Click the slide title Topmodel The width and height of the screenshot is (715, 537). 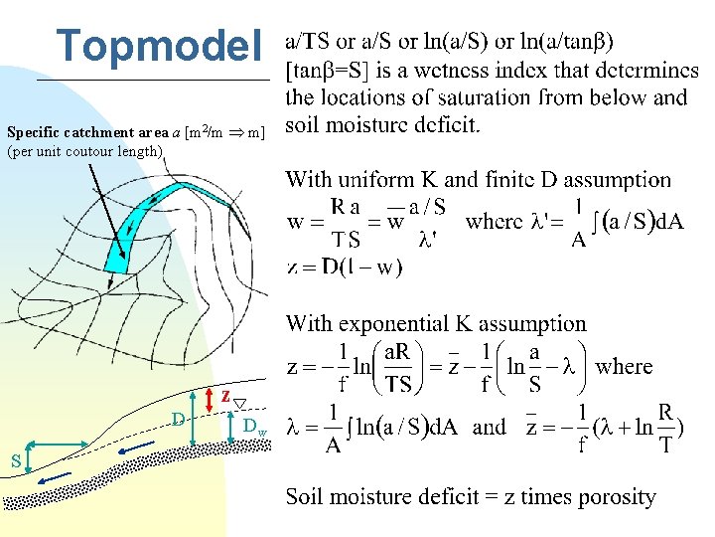160,45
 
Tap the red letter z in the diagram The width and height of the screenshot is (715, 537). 225,396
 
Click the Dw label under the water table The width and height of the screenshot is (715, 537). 254,427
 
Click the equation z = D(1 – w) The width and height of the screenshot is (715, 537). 344,269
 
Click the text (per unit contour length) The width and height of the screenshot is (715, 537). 85,151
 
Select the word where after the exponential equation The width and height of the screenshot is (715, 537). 624,366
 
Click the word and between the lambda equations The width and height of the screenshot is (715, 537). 489,428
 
